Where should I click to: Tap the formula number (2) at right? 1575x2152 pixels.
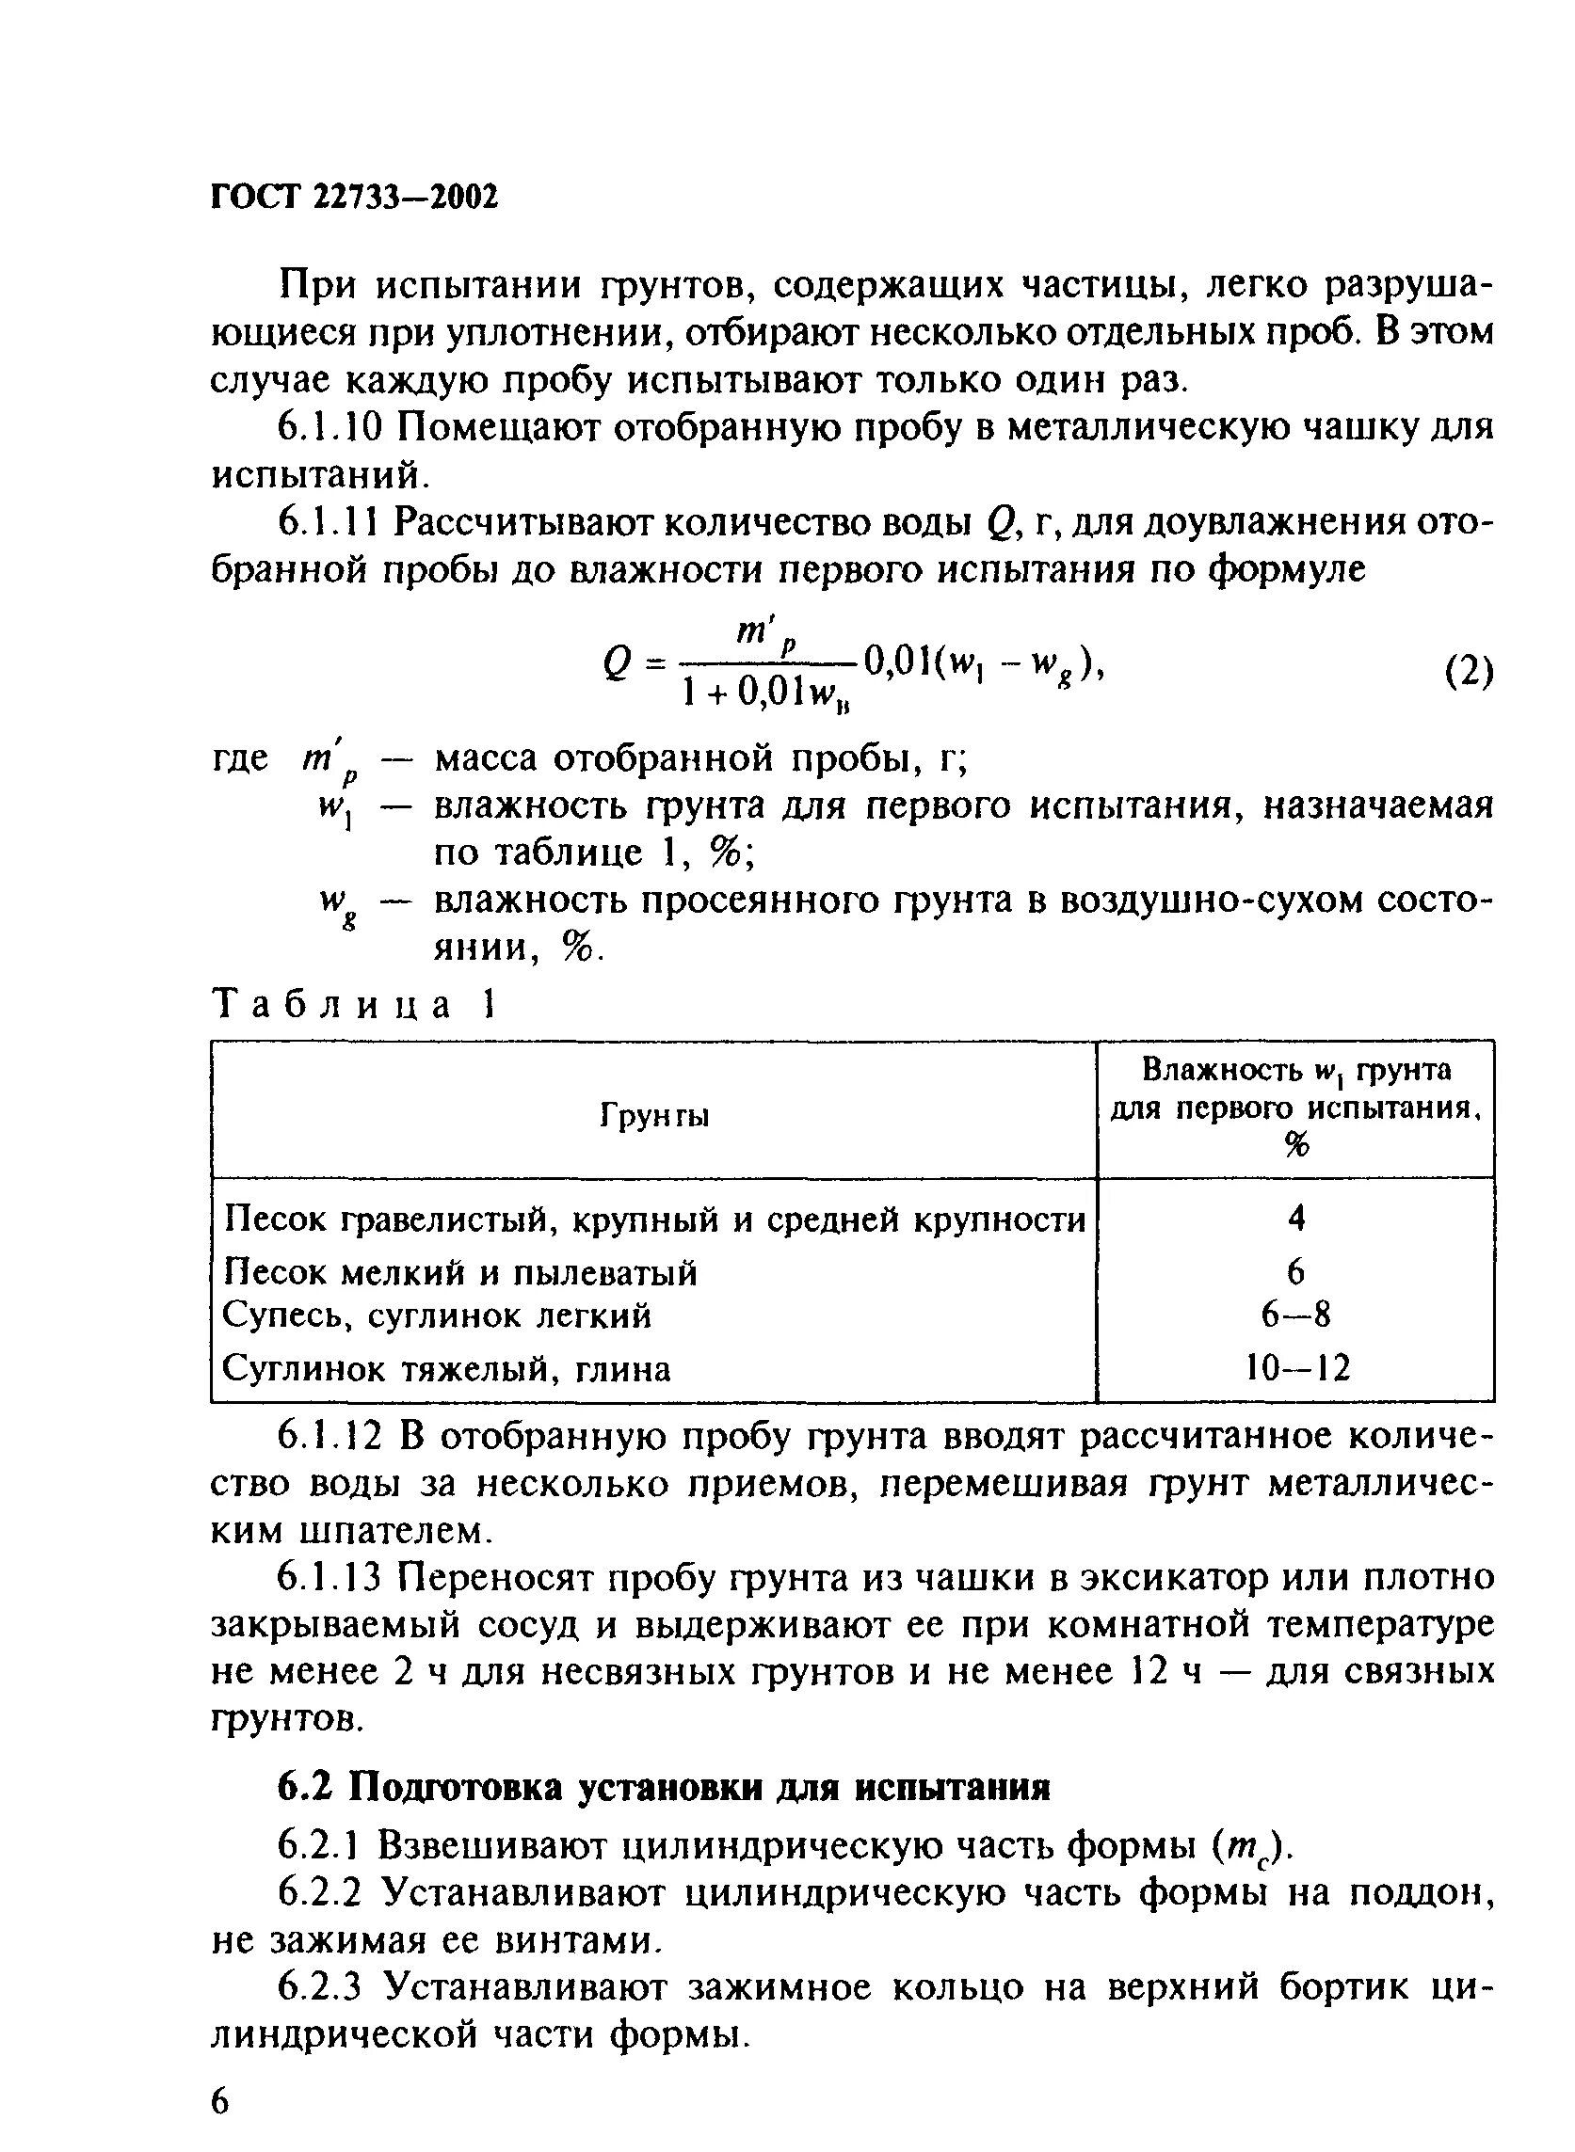1468,672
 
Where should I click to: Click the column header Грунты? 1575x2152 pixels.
654,1115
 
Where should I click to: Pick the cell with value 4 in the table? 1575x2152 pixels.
1294,1218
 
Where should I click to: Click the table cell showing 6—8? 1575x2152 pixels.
1294,1315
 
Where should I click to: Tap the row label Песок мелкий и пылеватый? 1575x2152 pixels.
459,1272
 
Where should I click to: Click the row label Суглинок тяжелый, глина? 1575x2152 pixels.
446,1369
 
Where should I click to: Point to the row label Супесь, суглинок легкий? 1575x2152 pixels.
437,1316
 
